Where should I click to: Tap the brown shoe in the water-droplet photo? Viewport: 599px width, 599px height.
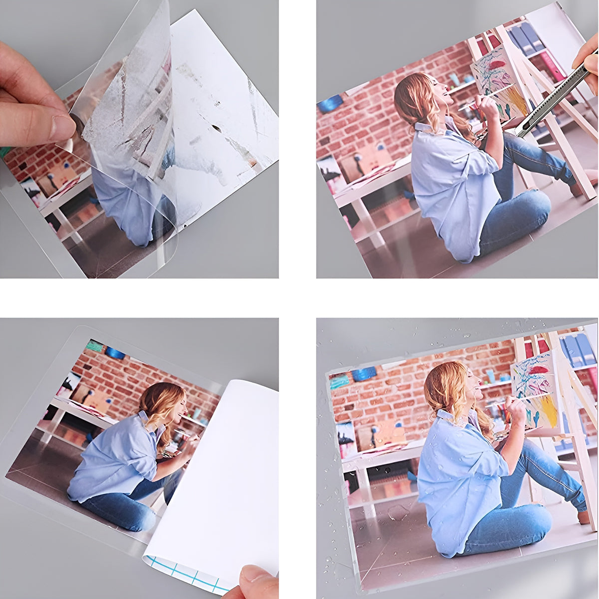tap(583, 517)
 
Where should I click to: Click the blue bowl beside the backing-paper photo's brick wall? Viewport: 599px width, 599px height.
tap(115, 352)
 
